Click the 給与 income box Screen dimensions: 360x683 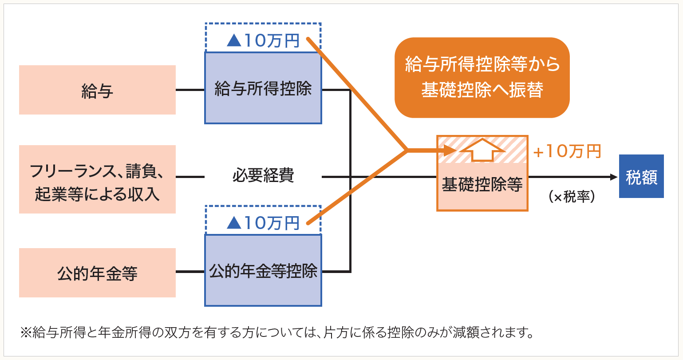coord(97,90)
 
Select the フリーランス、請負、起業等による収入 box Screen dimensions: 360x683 coord(97,179)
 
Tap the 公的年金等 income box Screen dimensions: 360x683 coord(97,273)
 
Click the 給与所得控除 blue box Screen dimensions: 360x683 coord(263,88)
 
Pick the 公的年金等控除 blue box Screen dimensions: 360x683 coord(263,270)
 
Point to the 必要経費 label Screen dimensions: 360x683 coord(263,176)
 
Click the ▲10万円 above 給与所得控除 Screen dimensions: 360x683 coord(263,41)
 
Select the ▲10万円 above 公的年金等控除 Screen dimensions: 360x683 coord(263,223)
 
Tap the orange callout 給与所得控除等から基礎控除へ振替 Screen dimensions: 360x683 coord(482,77)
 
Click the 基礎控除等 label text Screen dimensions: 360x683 coord(482,185)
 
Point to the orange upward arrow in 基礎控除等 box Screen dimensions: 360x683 coord(482,150)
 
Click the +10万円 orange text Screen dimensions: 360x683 coord(567,151)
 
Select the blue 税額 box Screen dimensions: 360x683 coord(641,176)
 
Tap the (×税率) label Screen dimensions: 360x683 coord(571,197)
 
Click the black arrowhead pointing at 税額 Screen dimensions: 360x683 coord(614,177)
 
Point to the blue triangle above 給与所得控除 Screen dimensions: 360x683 coord(233,41)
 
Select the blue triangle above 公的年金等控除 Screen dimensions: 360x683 coord(233,223)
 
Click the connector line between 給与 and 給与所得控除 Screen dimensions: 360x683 coord(190,90)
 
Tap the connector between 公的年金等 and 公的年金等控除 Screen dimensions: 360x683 coord(190,272)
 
